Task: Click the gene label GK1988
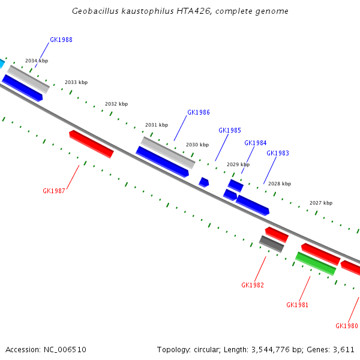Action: coord(61,40)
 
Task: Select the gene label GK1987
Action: coord(54,191)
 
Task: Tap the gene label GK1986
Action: coord(199,112)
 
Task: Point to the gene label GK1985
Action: coord(230,130)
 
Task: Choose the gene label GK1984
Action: coord(256,143)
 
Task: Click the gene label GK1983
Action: coord(278,153)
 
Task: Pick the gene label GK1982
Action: coord(253,285)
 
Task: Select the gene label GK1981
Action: coord(298,305)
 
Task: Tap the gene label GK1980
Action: coord(347,326)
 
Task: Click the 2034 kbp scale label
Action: coord(37,61)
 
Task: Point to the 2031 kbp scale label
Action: coord(157,125)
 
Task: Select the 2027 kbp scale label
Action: coord(321,203)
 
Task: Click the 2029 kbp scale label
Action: coord(238,164)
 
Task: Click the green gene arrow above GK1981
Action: coord(315,263)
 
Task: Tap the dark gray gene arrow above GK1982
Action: coord(272,244)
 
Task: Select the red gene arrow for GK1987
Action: coord(91,144)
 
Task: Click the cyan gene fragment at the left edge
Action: coord(2,63)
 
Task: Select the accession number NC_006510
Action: coord(65,349)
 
